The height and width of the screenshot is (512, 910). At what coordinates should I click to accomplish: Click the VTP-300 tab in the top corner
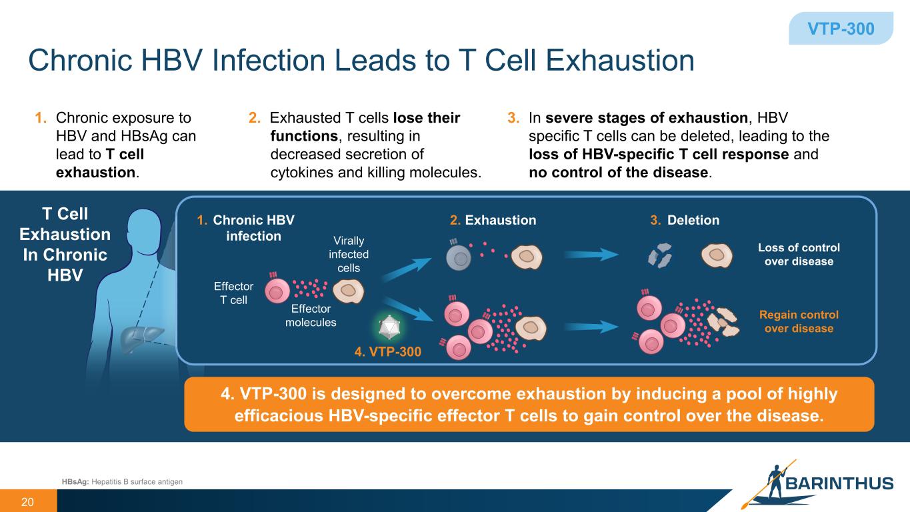pos(841,29)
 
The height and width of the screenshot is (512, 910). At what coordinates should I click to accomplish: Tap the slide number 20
pos(27,502)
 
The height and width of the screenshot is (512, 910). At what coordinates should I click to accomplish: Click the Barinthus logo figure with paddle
pos(775,481)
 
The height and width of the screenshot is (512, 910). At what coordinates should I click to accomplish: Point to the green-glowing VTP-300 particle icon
pos(387,327)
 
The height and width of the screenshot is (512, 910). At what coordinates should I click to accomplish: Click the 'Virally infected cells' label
pos(348,254)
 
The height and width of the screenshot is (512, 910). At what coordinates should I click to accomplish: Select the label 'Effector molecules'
pos(311,315)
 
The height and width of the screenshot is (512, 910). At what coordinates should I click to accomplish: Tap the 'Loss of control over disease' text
pos(799,254)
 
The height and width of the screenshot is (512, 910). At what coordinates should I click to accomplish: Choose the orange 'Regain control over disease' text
pos(799,321)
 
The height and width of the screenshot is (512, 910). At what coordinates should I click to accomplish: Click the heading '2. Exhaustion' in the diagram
pos(493,220)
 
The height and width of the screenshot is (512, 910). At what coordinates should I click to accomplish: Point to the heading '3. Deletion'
pos(686,220)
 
